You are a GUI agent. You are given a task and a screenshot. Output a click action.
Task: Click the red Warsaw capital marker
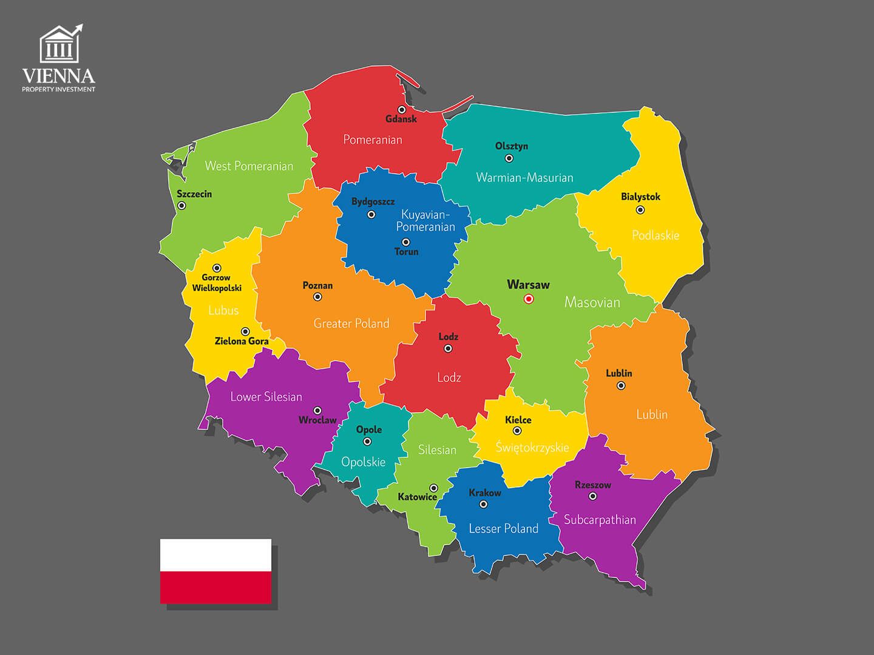528,299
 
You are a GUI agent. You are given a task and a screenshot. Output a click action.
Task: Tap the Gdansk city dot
402,110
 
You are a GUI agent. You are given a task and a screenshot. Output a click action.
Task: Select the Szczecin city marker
181,206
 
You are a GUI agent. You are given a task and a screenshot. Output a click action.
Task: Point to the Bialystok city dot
640,210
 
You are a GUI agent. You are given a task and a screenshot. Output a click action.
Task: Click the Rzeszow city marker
593,496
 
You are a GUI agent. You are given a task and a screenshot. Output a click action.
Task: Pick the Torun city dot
406,242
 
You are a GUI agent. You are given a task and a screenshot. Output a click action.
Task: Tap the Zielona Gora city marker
245,332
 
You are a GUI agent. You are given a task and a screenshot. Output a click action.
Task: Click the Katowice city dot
433,488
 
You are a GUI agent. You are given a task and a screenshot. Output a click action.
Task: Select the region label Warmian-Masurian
524,178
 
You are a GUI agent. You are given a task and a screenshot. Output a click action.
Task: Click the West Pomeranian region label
249,166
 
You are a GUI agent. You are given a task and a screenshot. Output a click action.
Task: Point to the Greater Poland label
351,324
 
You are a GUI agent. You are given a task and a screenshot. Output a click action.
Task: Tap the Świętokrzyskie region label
532,448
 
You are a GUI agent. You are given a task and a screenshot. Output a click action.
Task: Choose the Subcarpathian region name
600,520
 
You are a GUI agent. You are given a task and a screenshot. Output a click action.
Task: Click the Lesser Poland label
503,529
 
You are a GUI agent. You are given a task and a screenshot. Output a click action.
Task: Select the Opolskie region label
363,462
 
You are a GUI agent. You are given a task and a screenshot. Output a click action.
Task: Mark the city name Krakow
485,492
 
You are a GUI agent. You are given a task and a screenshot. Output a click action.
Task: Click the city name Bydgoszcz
373,201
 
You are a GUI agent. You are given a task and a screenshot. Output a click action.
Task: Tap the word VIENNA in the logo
59,76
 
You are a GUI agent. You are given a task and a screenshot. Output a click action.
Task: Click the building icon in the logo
59,44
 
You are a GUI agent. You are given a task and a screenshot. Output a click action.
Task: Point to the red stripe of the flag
215,587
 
